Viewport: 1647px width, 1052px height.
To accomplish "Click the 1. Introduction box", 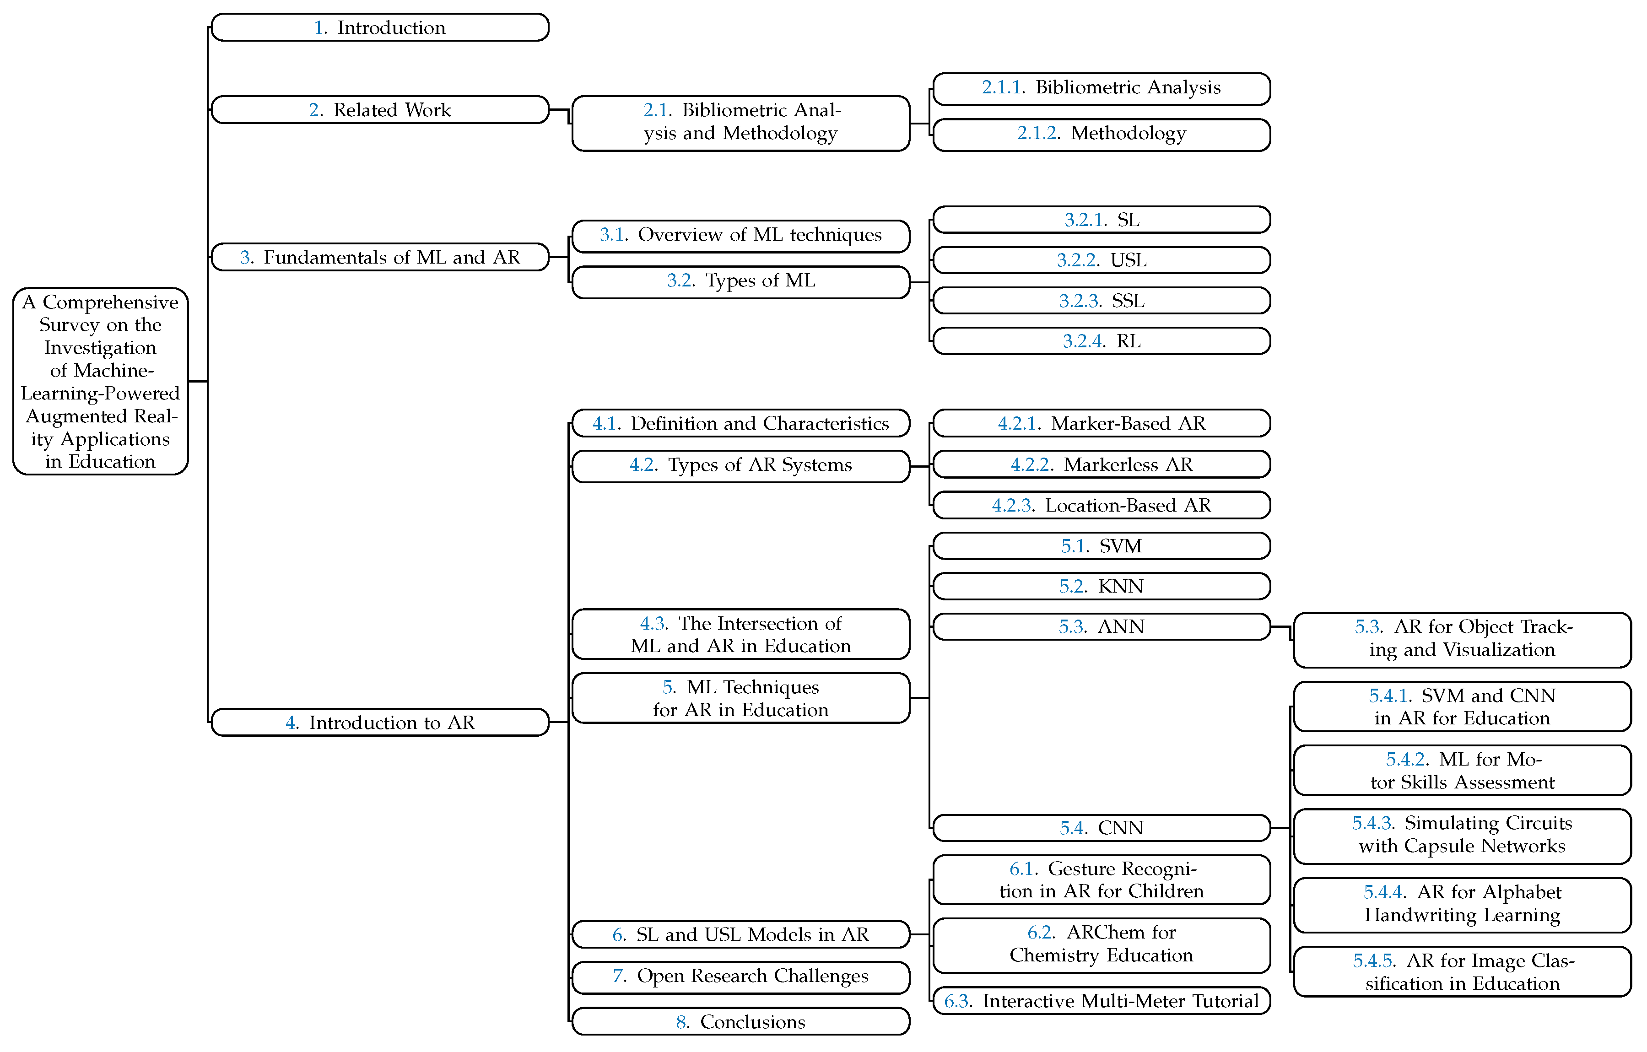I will [x=380, y=27].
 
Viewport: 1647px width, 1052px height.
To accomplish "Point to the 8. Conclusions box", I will [x=741, y=1021].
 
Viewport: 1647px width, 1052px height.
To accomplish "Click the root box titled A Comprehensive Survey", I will [x=101, y=381].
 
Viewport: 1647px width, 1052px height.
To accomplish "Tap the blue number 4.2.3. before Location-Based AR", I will [x=1012, y=506].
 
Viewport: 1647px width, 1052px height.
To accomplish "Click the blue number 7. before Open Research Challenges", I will [x=619, y=976].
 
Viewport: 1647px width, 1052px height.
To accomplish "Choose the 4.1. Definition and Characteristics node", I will [x=741, y=423].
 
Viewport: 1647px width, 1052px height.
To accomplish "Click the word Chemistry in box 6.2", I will [x=1053, y=955].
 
